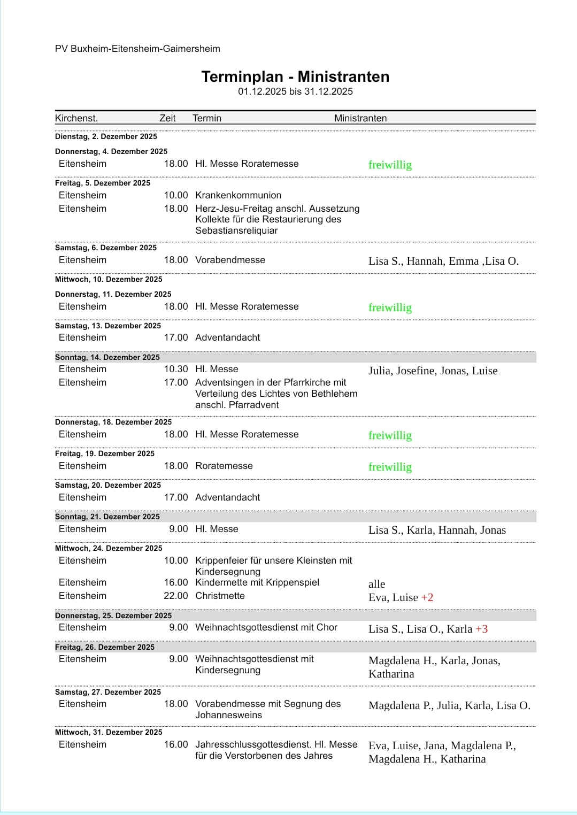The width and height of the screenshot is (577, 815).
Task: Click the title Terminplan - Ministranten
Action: (x=295, y=77)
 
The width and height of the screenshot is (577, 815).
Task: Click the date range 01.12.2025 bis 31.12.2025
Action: (x=295, y=91)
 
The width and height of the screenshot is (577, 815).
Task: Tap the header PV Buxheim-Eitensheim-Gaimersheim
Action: (x=137, y=49)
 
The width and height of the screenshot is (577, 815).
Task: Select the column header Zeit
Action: (x=167, y=118)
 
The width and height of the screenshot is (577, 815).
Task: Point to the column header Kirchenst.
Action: (x=76, y=118)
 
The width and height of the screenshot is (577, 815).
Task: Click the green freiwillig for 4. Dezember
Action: (x=390, y=165)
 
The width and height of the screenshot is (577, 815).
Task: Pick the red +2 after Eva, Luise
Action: (x=427, y=597)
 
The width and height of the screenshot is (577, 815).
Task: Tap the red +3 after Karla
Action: (x=482, y=629)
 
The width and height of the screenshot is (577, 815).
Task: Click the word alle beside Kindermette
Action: (x=376, y=584)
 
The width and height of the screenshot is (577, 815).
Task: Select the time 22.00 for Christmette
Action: (x=176, y=596)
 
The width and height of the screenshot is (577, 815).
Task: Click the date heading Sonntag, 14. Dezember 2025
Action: (x=107, y=357)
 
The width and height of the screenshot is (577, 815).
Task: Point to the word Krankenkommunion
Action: (x=238, y=195)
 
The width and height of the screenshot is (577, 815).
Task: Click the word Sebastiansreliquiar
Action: (x=236, y=230)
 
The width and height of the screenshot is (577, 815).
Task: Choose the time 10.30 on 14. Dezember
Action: (x=176, y=369)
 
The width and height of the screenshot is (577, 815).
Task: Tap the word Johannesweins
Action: (x=228, y=715)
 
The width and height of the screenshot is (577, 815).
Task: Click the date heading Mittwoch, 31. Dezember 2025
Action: (x=109, y=732)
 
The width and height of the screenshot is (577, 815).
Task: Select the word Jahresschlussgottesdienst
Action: (x=253, y=744)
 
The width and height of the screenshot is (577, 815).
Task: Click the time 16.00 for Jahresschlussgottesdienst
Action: (x=176, y=744)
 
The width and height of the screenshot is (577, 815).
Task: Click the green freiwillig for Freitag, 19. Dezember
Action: (x=390, y=467)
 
